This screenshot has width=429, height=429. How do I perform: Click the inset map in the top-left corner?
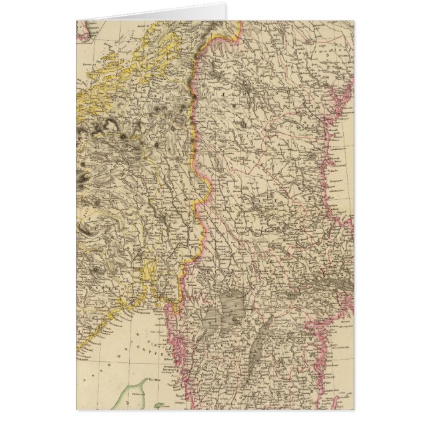(83, 30)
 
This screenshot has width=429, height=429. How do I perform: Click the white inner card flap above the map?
(153, 13)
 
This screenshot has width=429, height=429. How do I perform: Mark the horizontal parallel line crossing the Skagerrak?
(120, 360)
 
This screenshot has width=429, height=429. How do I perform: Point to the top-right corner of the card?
(354, 21)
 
